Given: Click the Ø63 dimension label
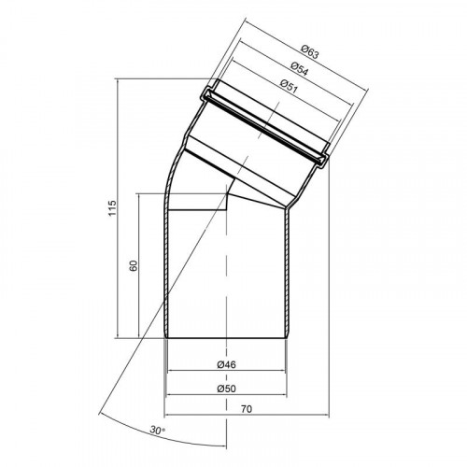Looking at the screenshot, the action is pos(310,52).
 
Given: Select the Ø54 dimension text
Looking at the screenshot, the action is pos(299,69).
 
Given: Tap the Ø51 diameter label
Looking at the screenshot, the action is pos(289,86).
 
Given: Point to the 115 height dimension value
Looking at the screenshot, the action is pos(112,208).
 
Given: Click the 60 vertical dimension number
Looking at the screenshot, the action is pos(134,265).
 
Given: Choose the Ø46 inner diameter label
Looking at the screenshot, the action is pos(226,364).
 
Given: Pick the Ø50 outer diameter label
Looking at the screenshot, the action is pos(227,389).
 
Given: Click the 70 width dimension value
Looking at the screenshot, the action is pos(247,409).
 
